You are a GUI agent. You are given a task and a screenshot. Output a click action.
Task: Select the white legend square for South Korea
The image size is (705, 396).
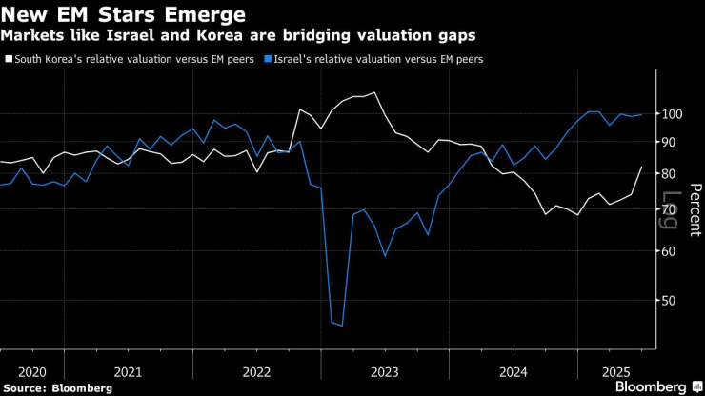click(9, 59)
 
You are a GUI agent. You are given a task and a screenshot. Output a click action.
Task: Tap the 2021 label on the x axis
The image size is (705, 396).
click(128, 370)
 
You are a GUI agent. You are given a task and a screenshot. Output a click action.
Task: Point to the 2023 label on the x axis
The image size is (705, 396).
click(384, 370)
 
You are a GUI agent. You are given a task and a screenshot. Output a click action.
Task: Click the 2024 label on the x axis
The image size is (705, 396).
click(513, 370)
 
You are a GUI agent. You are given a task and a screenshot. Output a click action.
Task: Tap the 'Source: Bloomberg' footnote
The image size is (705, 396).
click(57, 388)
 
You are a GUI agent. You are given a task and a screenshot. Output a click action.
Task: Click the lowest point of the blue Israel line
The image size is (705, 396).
click(341, 326)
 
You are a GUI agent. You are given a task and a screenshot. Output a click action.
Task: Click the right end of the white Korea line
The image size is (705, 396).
click(641, 167)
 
